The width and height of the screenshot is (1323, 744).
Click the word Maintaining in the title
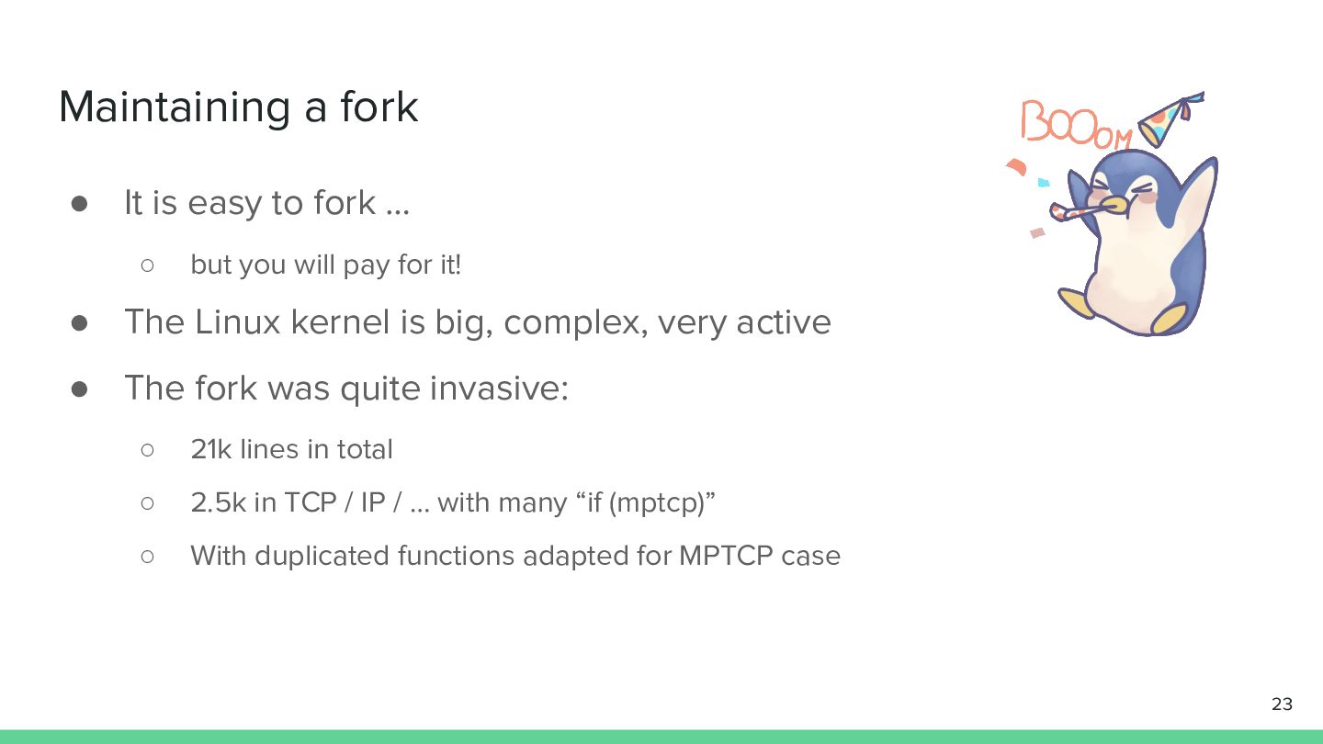tap(175, 108)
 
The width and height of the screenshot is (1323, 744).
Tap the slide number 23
tap(1282, 704)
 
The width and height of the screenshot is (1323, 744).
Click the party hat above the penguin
tap(1170, 118)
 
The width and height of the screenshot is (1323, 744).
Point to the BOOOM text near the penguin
tap(1076, 124)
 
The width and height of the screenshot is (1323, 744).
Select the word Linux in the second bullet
tap(237, 321)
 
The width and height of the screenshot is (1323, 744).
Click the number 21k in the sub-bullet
tap(211, 449)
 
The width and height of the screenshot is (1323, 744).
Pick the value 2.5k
tap(218, 502)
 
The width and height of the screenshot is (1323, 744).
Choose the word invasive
tap(499, 388)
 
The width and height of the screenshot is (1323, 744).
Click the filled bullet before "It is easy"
tap(79, 204)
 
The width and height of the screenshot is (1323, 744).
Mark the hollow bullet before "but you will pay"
tap(148, 265)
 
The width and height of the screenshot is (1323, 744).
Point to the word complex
tap(571, 323)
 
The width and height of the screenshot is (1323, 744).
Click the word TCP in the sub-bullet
tap(311, 502)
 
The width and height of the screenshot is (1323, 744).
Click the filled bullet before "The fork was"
tap(79, 389)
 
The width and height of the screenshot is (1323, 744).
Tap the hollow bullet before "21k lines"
tap(148, 450)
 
